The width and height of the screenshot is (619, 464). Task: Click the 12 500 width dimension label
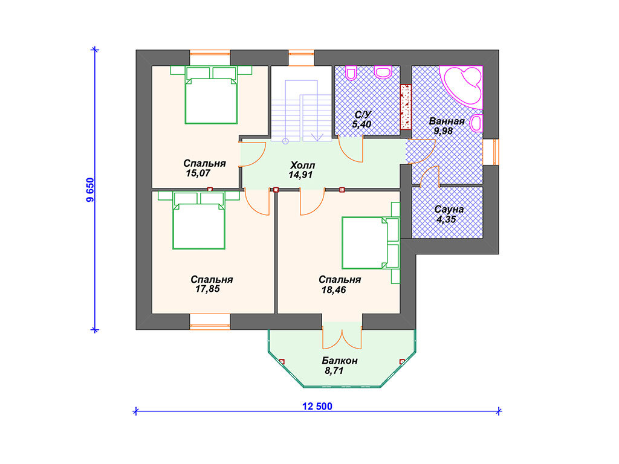tap(317, 406)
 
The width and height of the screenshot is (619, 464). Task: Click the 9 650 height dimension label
tap(91, 190)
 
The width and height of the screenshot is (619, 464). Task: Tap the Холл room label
tap(302, 165)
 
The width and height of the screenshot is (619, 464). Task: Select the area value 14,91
tap(300, 175)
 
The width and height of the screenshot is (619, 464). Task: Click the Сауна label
tap(449, 210)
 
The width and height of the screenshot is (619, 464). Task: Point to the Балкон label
tap(340, 361)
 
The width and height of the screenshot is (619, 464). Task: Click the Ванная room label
tap(447, 121)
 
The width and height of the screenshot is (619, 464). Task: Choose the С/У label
tap(363, 115)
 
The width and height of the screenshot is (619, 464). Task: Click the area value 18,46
tap(334, 290)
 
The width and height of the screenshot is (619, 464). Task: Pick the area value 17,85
tap(207, 289)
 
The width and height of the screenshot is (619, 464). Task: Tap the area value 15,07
tap(198, 173)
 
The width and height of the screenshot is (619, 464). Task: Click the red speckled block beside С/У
tap(406, 107)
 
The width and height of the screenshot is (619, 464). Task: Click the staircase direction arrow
tap(317, 137)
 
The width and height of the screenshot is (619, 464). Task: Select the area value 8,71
tap(334, 370)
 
